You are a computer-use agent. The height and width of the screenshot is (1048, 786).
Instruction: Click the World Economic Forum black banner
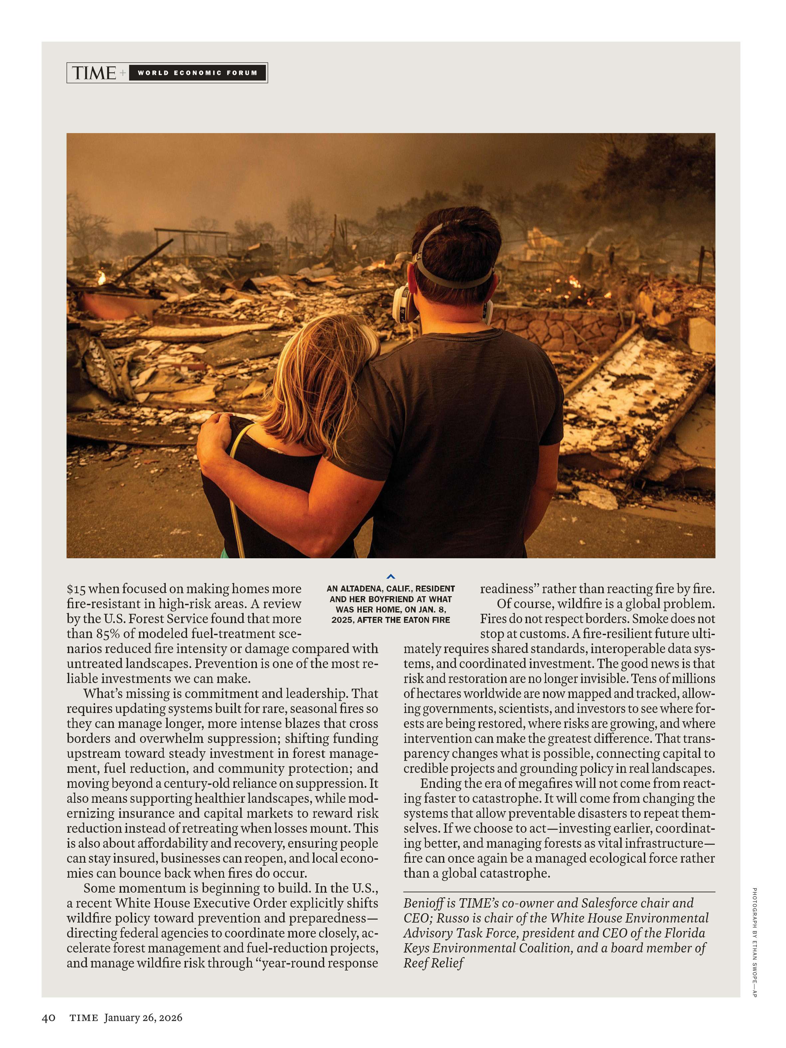pos(197,73)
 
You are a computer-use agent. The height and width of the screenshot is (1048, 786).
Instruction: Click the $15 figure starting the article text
pos(76,589)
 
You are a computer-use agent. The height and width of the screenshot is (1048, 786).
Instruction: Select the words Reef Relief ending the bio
pos(434,963)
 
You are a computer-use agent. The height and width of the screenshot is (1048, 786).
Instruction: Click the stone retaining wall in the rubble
pos(559,327)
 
